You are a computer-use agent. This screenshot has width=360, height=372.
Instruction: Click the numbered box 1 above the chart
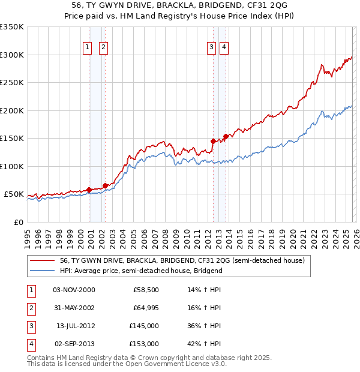click(87, 48)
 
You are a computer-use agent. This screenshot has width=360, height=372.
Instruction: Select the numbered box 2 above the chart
click(103, 48)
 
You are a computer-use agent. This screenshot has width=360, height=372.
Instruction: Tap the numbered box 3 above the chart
click(212, 48)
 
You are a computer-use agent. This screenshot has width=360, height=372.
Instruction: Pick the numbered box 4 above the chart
click(224, 48)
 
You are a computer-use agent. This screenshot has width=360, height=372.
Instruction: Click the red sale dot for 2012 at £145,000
click(213, 141)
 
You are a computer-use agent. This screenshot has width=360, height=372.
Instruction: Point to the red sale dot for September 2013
click(226, 136)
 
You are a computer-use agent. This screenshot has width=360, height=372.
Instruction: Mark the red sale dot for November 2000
click(89, 190)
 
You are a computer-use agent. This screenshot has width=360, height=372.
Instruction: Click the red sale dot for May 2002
click(105, 185)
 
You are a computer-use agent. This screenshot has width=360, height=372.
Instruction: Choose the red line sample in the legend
click(43, 260)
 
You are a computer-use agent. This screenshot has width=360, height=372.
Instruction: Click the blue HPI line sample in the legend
click(43, 271)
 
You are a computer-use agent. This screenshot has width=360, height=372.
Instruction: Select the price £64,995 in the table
click(146, 308)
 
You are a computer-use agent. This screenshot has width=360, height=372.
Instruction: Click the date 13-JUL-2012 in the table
click(76, 326)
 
